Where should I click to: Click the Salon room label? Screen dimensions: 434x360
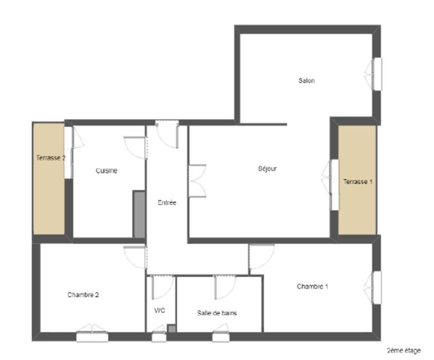pos(306,80)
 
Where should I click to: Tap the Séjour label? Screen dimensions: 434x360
pos(267,168)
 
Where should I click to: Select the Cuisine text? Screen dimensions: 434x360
pos(107,171)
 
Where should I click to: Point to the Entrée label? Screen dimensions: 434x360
pos(167,203)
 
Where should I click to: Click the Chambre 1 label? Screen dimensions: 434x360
pos(313,286)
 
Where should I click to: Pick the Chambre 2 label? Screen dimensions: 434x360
pos(83,295)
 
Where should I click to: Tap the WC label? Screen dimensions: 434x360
pos(160,311)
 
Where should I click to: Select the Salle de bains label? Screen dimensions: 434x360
pos(217,313)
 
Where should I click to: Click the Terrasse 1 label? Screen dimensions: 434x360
pos(358,182)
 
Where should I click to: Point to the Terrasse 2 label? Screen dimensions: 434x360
pos(51,158)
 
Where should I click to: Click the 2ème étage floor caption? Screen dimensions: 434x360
pos(404,351)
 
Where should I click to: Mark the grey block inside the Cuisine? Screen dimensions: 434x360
pos(139,214)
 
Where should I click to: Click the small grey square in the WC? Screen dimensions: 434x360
pos(172,328)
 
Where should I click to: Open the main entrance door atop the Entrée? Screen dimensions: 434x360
pos(167,135)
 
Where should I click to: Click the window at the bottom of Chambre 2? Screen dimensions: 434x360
pos(92,333)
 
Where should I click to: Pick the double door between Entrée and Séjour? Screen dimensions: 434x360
pos(197,181)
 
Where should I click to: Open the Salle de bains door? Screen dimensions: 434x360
pos(225,287)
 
